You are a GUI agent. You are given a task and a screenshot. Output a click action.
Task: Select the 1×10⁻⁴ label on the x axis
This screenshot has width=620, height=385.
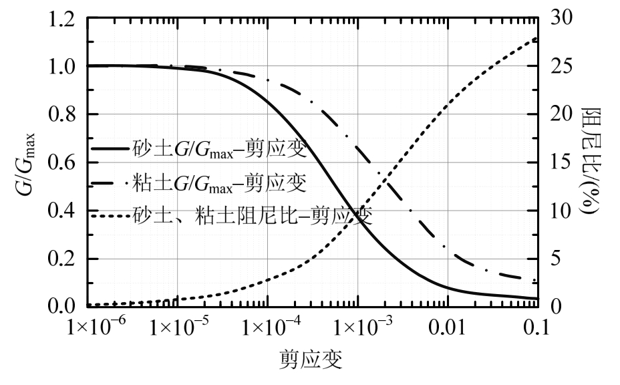267,328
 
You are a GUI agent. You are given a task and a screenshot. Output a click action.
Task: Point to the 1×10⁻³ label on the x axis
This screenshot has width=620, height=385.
357,328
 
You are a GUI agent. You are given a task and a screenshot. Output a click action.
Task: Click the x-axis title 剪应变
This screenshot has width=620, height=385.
311,362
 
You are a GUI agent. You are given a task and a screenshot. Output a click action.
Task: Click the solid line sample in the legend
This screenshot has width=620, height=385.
110,150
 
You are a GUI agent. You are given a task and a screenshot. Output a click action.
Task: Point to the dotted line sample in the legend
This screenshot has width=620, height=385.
110,216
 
